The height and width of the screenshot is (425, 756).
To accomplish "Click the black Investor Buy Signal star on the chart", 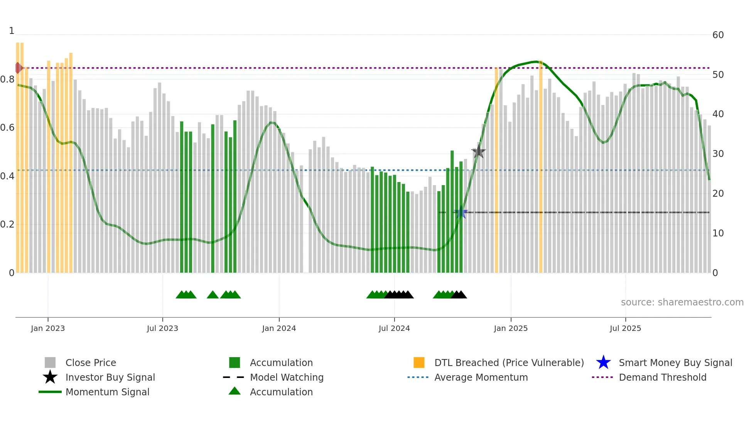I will pyautogui.click(x=478, y=152).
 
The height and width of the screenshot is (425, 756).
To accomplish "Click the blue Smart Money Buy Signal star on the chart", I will pyautogui.click(x=461, y=212).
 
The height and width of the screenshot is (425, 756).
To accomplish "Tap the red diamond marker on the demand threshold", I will pyautogui.click(x=18, y=68).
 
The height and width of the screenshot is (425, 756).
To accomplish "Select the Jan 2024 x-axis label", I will pyautogui.click(x=279, y=328).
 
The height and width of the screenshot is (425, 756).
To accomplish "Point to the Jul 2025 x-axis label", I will pyautogui.click(x=625, y=328).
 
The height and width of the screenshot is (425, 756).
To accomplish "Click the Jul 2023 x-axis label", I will pyautogui.click(x=162, y=328).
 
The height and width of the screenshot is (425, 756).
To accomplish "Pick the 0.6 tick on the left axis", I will pyautogui.click(x=8, y=128).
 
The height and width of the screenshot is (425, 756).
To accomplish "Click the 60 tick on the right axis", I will pyautogui.click(x=718, y=35).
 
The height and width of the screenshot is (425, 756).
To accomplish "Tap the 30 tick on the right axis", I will pyautogui.click(x=718, y=154).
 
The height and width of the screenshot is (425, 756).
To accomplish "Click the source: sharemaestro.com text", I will pyautogui.click(x=682, y=302).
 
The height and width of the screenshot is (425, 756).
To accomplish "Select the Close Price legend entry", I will pyautogui.click(x=91, y=363).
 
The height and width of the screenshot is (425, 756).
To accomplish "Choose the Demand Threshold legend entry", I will pyautogui.click(x=662, y=377).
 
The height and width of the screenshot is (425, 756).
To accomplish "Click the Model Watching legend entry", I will pyautogui.click(x=287, y=377).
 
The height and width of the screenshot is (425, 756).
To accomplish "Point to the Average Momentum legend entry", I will pyautogui.click(x=481, y=377).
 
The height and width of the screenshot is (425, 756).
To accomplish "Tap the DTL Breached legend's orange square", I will pyautogui.click(x=419, y=363).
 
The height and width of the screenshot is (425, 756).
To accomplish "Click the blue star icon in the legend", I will pyautogui.click(x=603, y=363).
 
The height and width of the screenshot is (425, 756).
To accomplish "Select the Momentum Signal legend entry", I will pyautogui.click(x=107, y=392).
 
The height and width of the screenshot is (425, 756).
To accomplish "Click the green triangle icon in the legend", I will pyautogui.click(x=235, y=391).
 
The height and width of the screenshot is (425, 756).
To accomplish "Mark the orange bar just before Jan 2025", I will pyautogui.click(x=496, y=170).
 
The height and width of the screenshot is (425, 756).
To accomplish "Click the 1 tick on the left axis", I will pyautogui.click(x=12, y=31).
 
